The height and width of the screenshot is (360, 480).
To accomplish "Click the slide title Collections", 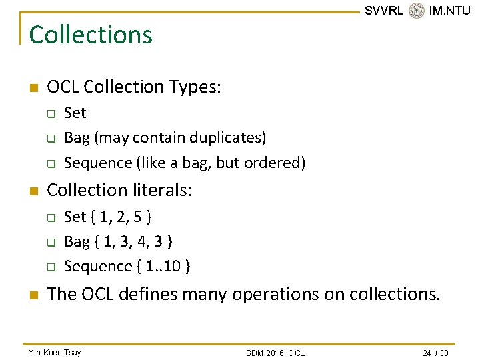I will (x=91, y=35).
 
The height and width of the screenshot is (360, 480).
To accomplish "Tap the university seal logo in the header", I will (x=417, y=11).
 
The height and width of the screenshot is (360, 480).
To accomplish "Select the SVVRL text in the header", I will (x=384, y=11).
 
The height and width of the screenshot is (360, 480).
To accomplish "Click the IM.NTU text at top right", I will (x=449, y=11).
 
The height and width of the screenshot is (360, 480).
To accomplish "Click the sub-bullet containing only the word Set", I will (x=75, y=113).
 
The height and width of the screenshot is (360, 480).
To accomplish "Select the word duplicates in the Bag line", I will (x=227, y=137).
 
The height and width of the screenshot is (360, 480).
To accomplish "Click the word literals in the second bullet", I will (x=159, y=191).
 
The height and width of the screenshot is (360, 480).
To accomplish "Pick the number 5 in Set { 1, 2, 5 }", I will (x=137, y=217).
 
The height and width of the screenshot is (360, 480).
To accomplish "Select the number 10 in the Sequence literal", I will (x=173, y=266).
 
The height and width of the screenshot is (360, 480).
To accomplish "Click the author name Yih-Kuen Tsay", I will (x=54, y=352).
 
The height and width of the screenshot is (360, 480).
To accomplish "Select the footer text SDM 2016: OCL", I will (x=275, y=353).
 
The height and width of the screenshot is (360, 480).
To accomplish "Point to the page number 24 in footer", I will (x=427, y=353).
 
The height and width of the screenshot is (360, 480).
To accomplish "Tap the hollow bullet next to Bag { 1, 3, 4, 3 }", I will (x=50, y=242).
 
